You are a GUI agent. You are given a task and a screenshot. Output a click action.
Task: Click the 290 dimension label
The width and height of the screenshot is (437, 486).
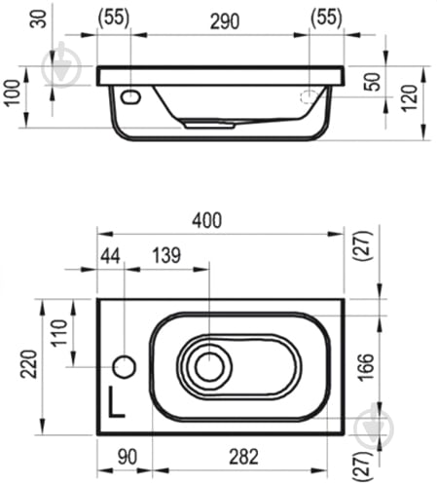point(225,21)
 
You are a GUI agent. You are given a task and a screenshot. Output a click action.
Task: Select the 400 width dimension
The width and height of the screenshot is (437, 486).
point(207,220)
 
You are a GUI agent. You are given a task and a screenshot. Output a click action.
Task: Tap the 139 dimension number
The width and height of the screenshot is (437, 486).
point(166,255)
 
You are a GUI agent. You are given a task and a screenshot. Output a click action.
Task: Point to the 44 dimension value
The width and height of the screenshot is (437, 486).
point(110,255)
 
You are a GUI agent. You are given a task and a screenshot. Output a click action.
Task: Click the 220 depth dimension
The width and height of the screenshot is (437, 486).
point(29,363)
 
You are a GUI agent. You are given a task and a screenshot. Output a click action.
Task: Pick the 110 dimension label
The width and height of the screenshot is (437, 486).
point(60,333)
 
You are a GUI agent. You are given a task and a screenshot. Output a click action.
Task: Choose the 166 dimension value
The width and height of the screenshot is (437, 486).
point(365,367)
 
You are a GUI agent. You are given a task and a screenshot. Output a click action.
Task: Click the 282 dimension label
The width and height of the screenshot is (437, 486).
point(243,457)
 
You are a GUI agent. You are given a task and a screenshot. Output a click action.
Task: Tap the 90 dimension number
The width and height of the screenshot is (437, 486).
point(127,457)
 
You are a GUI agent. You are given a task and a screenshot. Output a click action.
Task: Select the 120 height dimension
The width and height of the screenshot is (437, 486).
point(410,98)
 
